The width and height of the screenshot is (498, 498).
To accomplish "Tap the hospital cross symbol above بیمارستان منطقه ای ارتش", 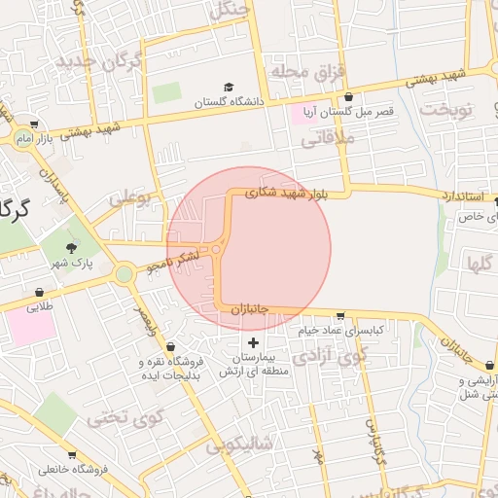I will click(254, 342).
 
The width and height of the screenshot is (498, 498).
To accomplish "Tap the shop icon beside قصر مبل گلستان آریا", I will click(350, 97).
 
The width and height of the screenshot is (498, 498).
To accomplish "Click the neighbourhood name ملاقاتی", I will click(328, 139).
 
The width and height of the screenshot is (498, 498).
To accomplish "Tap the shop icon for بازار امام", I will click(35, 124).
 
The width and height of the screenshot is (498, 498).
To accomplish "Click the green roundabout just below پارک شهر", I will click(124, 274).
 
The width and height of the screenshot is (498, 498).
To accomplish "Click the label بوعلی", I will click(132, 199).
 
